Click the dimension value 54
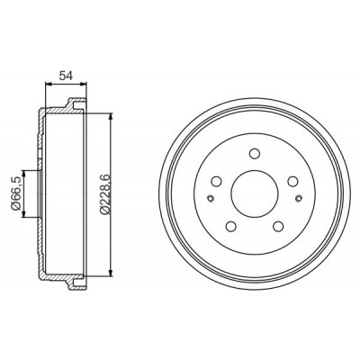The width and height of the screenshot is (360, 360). coord(66,76)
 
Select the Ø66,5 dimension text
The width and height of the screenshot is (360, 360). coord(16,193)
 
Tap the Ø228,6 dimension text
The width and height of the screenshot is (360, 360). coord(106,193)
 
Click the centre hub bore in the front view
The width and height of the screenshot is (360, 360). coord(255,193)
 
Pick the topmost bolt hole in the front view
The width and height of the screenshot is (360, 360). coord(255,153)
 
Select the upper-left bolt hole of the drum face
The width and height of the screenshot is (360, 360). coord(216,181)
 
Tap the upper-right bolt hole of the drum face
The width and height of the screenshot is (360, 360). coord(292,181)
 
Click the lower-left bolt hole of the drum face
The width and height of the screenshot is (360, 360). coord(230,226)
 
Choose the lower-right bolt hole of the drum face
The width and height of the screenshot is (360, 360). coord(279,226)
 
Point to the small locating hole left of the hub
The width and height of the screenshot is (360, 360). coord(211,198)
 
